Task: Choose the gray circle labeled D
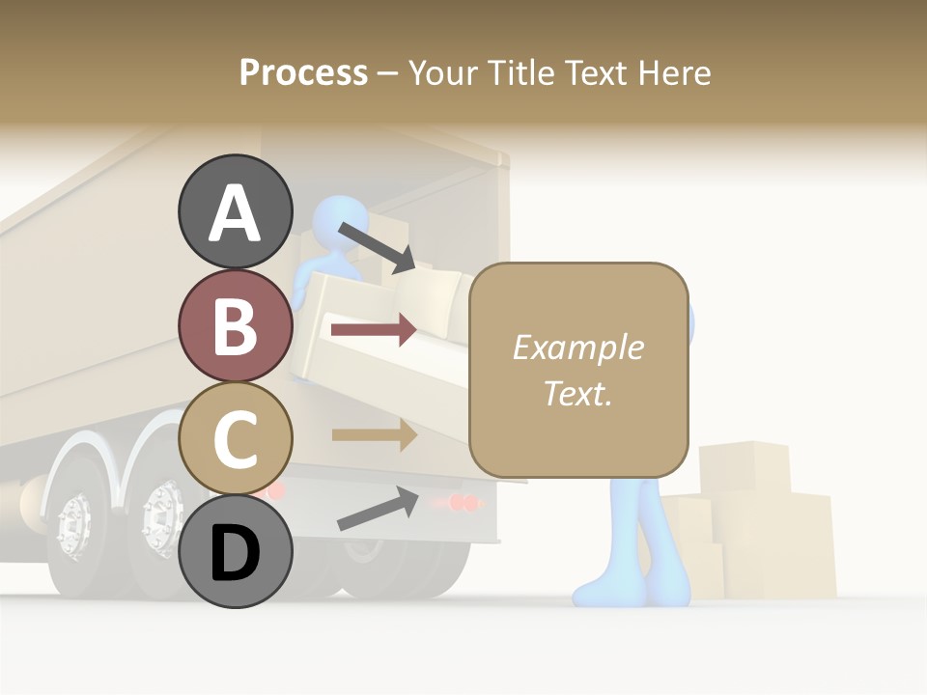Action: coord(236,552)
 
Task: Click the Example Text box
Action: coord(578,370)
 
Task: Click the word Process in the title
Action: coord(303,72)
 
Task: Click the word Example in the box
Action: coord(577,347)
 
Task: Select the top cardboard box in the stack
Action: coord(744,467)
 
